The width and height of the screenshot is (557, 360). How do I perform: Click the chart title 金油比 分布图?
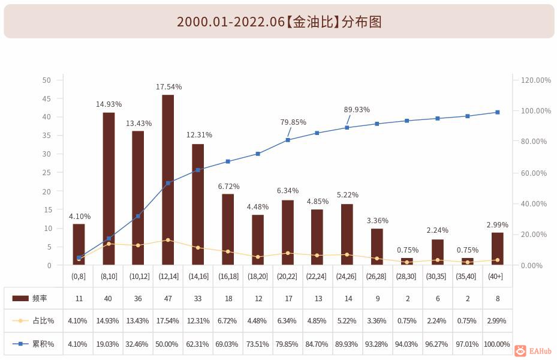click(279, 22)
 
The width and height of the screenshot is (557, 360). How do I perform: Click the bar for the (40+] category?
click(497, 249)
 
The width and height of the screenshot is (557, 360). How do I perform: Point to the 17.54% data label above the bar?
click(168, 87)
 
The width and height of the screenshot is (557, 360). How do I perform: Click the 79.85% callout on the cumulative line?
click(293, 122)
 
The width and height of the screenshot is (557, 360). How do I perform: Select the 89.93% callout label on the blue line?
click(357, 110)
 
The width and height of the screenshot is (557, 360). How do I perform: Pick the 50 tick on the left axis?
click(47, 80)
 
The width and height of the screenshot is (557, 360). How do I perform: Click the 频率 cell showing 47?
click(168, 298)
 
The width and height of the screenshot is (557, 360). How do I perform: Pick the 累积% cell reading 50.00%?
click(168, 344)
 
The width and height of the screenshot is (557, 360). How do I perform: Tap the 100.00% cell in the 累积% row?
click(497, 344)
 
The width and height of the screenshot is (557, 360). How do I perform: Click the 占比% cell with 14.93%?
click(109, 321)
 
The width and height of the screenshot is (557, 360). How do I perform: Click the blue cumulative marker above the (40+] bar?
click(497, 112)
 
